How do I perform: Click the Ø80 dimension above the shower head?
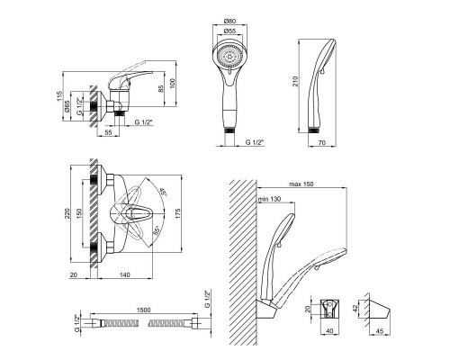(229, 21)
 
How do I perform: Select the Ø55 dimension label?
(229, 31)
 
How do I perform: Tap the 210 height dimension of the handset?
(295, 81)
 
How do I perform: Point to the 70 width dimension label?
(322, 143)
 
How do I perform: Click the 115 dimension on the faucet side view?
(59, 95)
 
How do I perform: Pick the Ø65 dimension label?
(67, 106)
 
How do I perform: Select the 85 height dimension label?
(161, 89)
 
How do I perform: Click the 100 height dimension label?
(172, 84)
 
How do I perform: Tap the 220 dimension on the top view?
(67, 213)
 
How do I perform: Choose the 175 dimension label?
(178, 213)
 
